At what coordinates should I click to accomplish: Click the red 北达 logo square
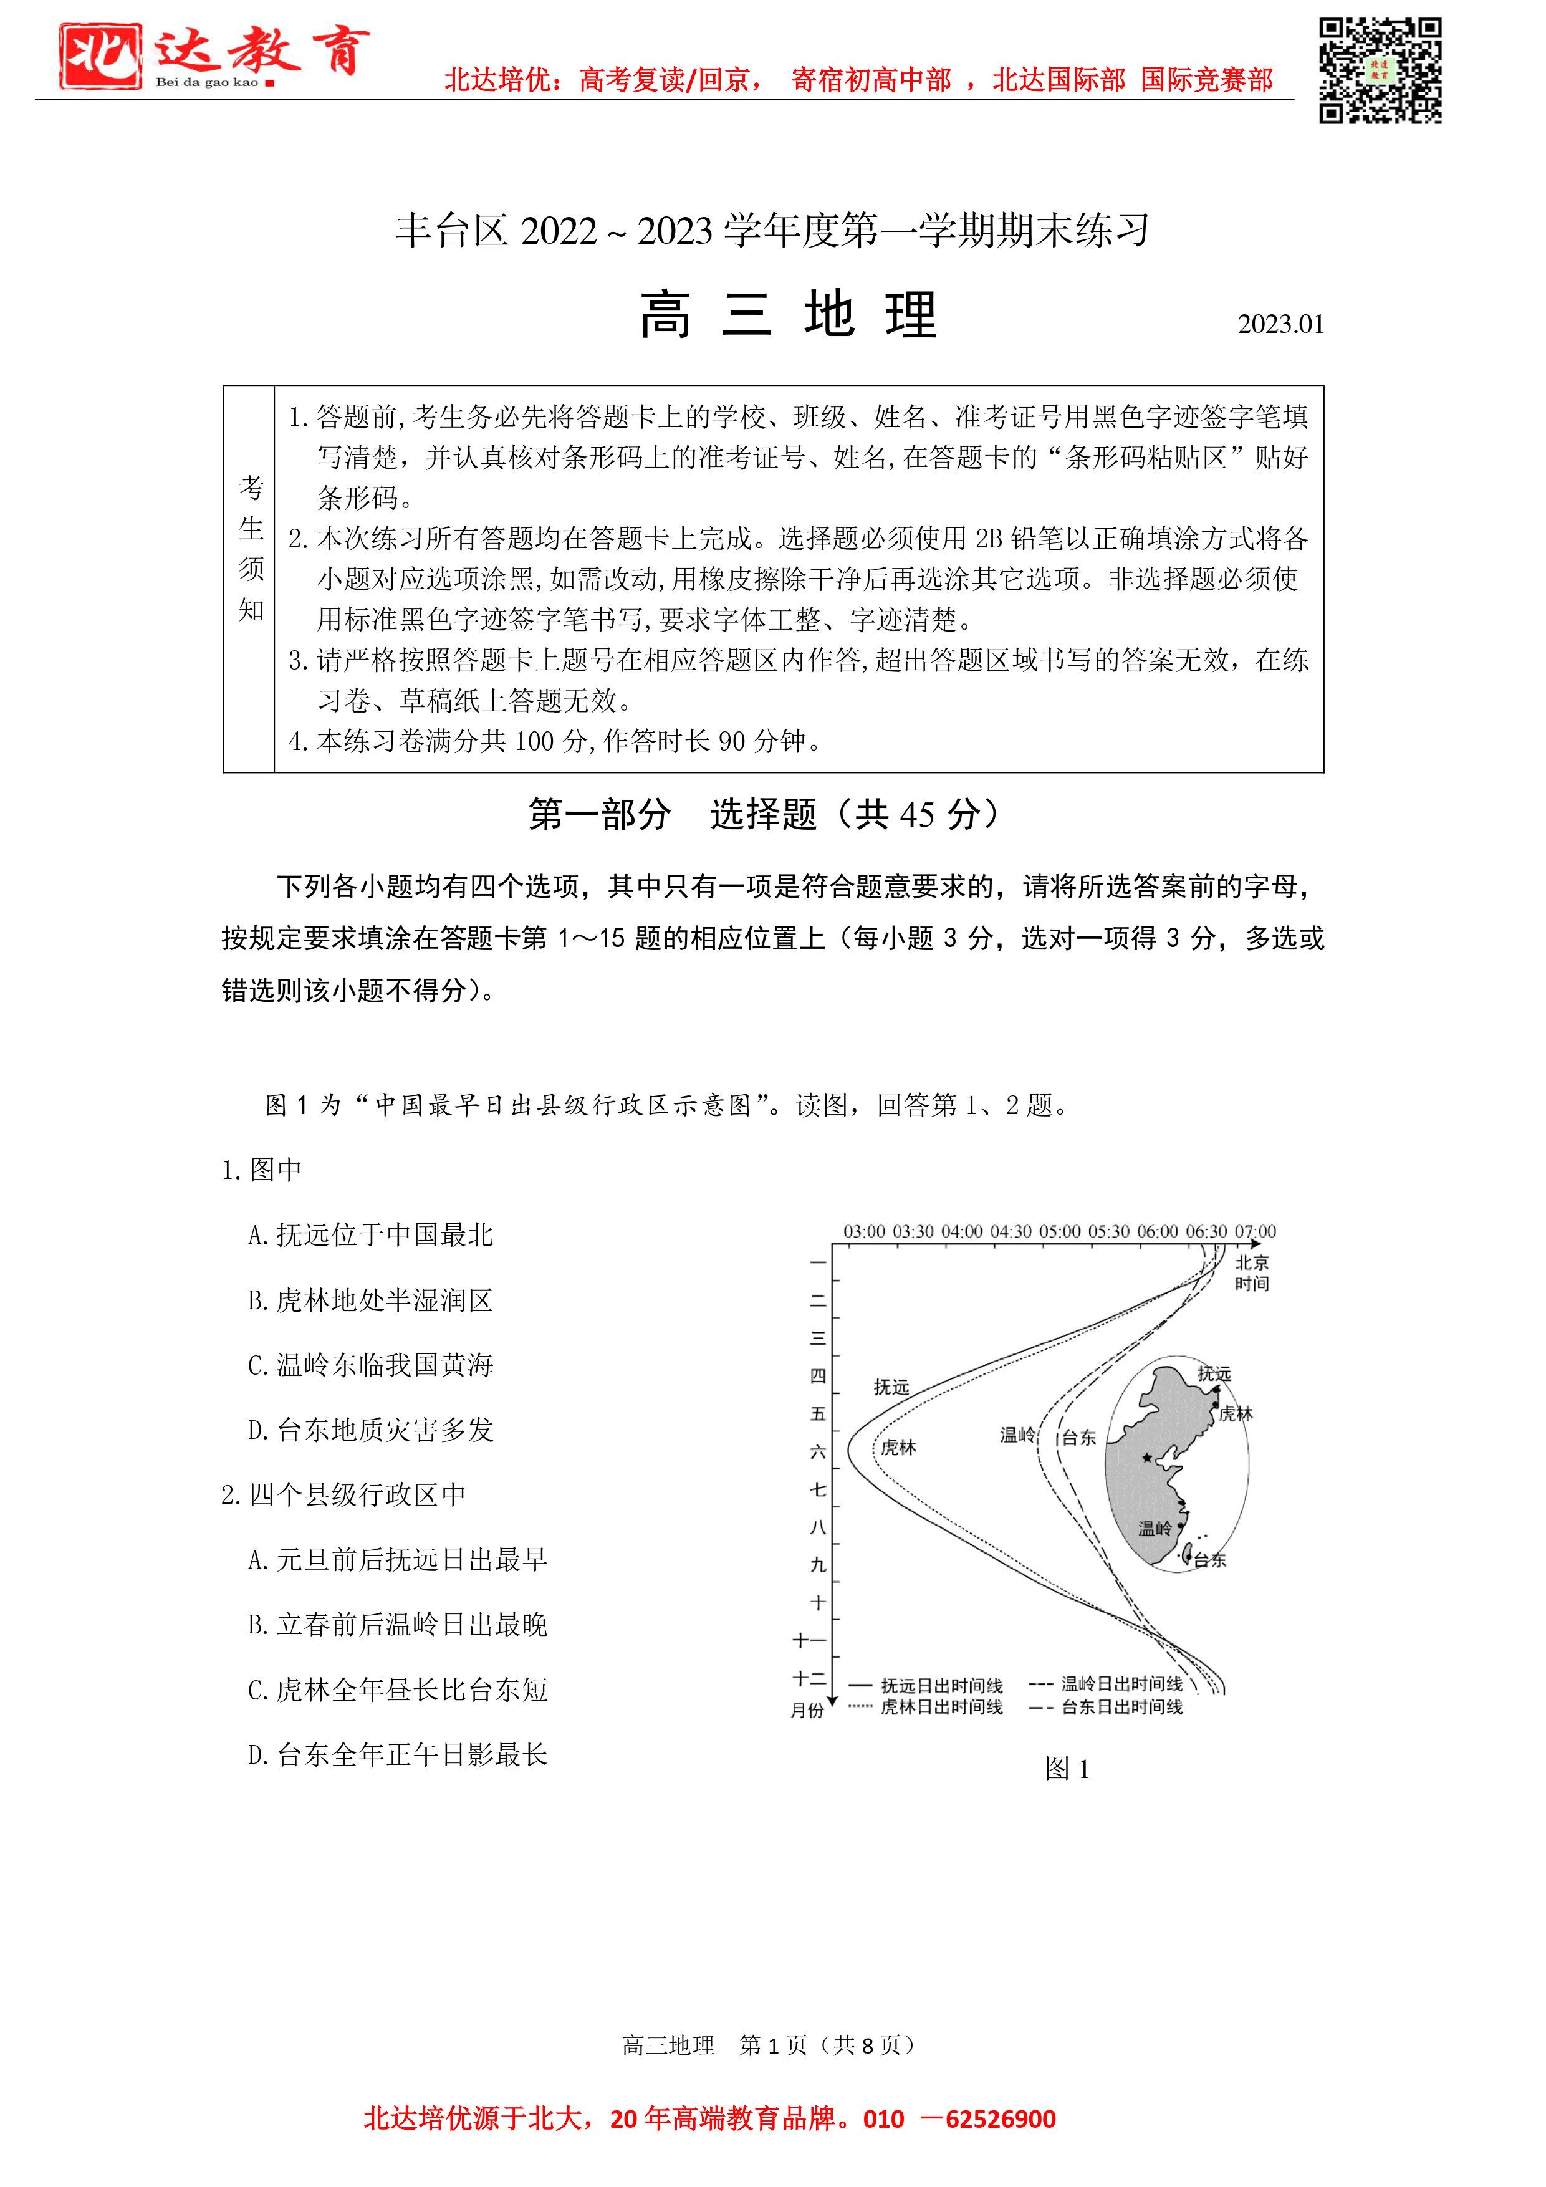click(x=100, y=56)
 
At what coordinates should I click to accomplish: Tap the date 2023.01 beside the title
click(x=1280, y=325)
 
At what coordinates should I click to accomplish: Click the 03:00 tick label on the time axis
click(x=864, y=1232)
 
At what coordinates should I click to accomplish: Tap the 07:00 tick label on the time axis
click(x=1256, y=1232)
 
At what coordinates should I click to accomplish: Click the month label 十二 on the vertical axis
click(x=810, y=1678)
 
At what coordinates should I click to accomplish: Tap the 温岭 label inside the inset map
click(x=1155, y=1528)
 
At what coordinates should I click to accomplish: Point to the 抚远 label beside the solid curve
click(x=891, y=1387)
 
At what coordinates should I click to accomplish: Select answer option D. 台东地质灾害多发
click(x=370, y=1430)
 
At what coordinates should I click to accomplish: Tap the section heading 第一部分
click(x=600, y=814)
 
